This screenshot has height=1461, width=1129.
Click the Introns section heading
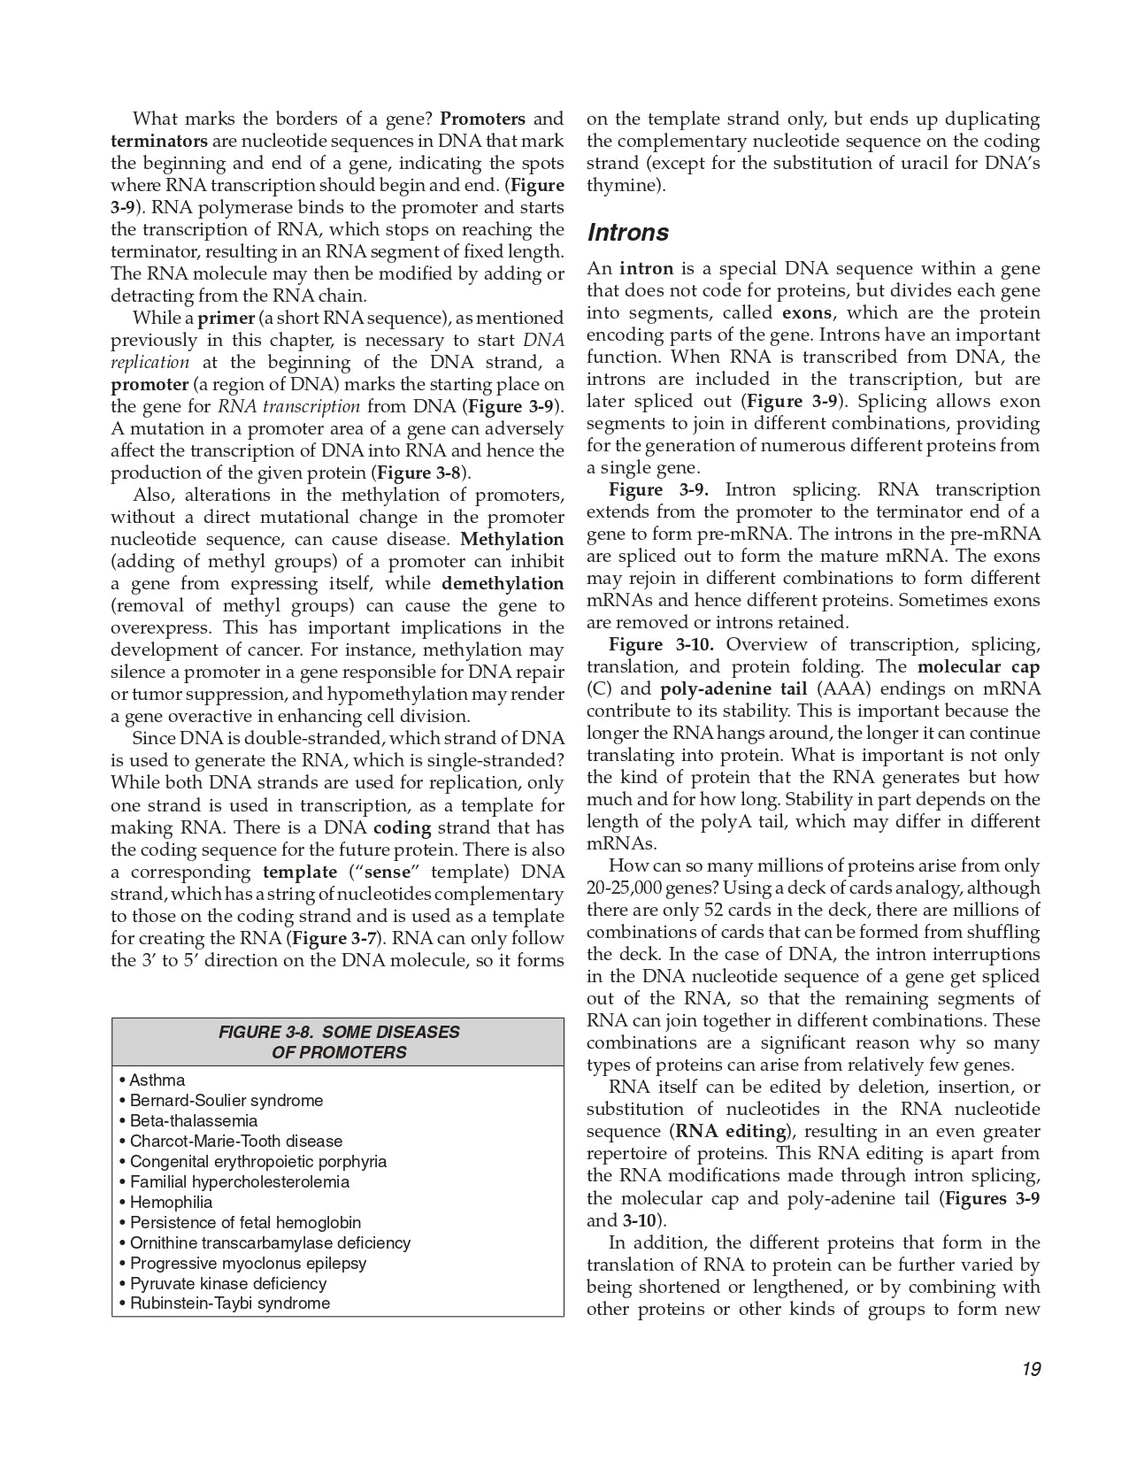(628, 233)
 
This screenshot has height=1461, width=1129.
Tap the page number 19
(1030, 1369)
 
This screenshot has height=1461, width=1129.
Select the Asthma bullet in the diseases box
(157, 1080)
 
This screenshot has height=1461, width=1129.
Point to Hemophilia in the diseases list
(171, 1202)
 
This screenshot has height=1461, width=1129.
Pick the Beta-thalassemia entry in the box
(193, 1120)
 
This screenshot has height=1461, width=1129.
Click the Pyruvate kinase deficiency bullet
(227, 1283)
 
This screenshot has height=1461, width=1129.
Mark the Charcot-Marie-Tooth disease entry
(235, 1141)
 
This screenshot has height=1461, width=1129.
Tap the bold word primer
(226, 318)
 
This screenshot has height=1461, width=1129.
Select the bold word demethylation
(502, 583)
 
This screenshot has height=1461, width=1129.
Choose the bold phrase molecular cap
(979, 666)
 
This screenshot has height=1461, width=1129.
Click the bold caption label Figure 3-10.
(663, 644)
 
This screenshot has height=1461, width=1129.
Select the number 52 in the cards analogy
(713, 910)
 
